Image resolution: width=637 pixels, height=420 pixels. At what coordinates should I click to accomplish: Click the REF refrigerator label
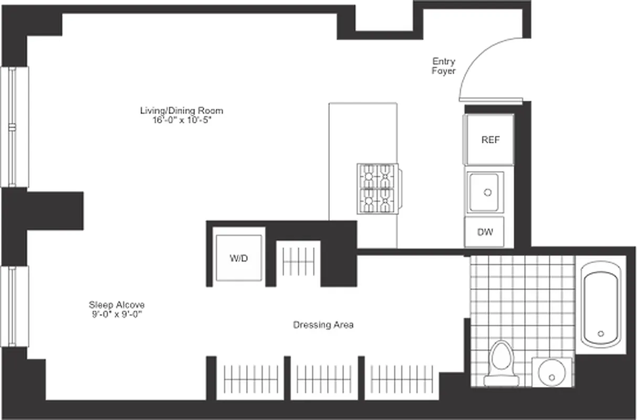coord(490,140)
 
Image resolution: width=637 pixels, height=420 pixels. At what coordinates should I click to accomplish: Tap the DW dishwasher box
coord(485,232)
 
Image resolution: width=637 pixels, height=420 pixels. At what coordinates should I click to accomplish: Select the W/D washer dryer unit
coord(238,258)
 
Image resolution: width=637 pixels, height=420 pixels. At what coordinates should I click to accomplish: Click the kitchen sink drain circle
coord(487,193)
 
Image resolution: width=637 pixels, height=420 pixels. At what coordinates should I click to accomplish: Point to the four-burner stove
coord(377,188)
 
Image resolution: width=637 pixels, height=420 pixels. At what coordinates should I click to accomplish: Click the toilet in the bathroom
coord(501,362)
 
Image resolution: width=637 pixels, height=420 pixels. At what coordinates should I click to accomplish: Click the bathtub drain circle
coord(601,333)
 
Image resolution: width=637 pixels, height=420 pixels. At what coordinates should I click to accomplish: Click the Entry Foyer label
coord(444,66)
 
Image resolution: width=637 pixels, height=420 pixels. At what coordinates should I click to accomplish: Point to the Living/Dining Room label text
coord(181,110)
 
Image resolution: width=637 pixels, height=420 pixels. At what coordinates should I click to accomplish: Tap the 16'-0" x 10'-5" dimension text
coord(181,120)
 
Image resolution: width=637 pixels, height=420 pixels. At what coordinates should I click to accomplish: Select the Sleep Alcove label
coord(116,304)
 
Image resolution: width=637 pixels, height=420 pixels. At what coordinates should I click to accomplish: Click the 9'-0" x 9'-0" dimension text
coord(116,314)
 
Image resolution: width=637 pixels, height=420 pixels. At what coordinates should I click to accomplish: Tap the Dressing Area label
coord(323,325)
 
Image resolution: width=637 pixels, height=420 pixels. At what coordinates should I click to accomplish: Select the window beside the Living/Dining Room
coord(13,127)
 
